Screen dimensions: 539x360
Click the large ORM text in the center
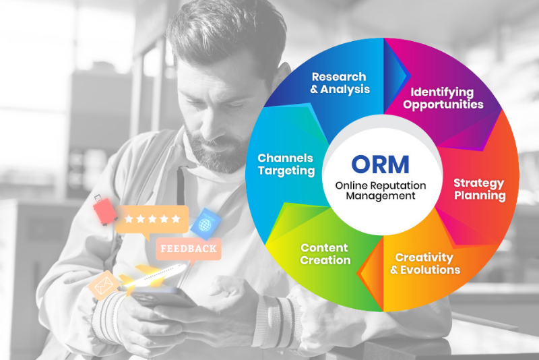(380, 164)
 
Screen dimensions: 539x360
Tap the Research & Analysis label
(340, 83)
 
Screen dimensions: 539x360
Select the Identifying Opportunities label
(443, 98)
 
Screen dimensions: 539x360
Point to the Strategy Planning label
(480, 189)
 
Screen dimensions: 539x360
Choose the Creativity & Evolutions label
(425, 264)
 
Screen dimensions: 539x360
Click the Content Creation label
(325, 253)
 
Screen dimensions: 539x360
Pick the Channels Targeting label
(286, 164)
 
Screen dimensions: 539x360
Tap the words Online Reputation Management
(381, 191)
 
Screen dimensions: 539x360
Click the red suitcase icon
(104, 210)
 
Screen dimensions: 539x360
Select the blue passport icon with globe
(205, 224)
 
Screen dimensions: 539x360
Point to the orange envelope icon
(104, 285)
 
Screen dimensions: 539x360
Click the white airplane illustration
(153, 277)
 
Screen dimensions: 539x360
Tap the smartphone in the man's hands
(162, 297)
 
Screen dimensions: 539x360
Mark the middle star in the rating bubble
(152, 218)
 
